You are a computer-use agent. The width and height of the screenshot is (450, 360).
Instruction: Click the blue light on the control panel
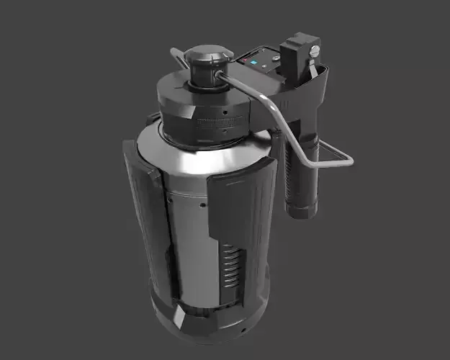pyautogui.click(x=255, y=62)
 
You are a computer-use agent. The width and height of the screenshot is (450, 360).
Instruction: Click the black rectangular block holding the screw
pyautogui.click(x=298, y=52)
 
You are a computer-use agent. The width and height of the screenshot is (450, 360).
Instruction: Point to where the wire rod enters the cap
pyautogui.click(x=219, y=73)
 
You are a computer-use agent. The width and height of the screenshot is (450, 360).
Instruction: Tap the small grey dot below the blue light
pyautogui.click(x=257, y=71)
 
